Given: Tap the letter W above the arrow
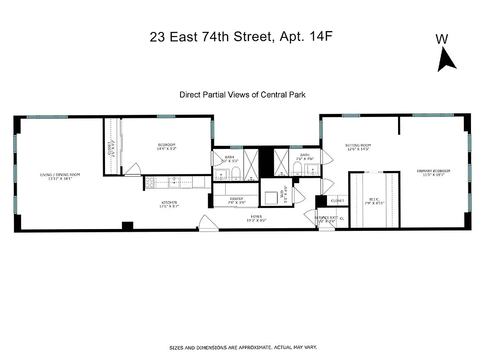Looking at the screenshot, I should click(442, 40).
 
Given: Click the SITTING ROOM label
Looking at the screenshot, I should click(358, 145).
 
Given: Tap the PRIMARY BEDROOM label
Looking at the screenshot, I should click(433, 171).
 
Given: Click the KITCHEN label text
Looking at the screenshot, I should click(169, 202).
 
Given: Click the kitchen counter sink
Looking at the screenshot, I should click(174, 182).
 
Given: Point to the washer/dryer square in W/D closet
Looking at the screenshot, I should click(271, 198).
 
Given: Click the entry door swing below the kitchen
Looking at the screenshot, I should click(206, 224).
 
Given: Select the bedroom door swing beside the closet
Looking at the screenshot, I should click(132, 170).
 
